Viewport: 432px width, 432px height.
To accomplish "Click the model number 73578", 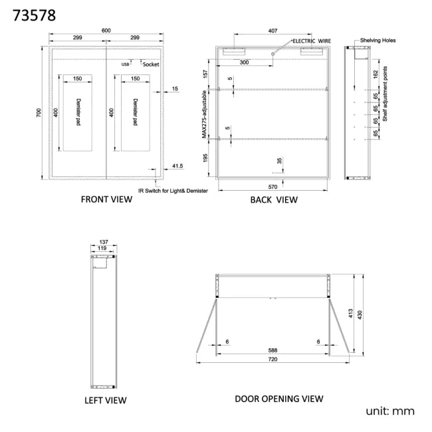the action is coord(34,15).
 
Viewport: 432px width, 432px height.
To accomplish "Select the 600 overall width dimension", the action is coord(106,31).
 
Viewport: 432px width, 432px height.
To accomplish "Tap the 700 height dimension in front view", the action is coord(39,112).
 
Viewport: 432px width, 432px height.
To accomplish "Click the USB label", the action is coord(126,64).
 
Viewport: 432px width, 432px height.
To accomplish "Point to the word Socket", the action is coord(151,64).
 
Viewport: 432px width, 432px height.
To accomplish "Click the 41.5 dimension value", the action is coord(177,166).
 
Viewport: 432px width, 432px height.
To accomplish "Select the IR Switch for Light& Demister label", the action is coord(173,191).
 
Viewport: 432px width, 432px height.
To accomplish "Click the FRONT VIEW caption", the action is coord(106,199).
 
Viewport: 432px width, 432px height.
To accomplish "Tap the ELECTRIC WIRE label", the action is coord(312,41).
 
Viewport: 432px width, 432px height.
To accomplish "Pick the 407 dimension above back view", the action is coord(272,31).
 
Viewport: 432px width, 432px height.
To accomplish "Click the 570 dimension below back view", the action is coord(272,187).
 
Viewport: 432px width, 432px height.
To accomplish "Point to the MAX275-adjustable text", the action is coord(204,114).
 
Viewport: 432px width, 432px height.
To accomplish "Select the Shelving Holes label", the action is coord(378,41).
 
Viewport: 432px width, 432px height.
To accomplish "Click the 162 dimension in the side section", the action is coord(376,74).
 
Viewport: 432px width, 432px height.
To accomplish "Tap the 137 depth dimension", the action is coord(104,242).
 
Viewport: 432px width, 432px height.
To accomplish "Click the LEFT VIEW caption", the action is coord(106,400).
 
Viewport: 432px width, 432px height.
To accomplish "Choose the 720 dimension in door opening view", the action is coord(272,359).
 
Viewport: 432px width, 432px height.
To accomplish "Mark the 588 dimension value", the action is coord(272,350).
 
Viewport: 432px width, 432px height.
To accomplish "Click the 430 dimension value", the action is coord(360,315).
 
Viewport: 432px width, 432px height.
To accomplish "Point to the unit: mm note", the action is coord(390,411).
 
